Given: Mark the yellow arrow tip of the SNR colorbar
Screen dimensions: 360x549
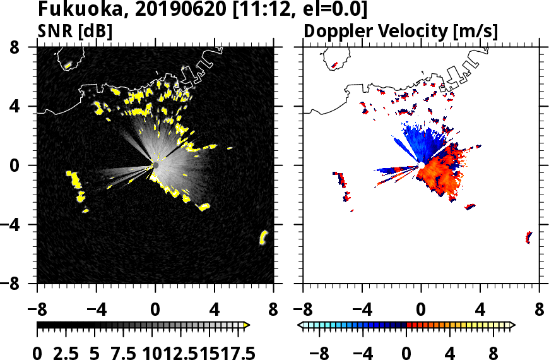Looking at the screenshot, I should pos(247,325).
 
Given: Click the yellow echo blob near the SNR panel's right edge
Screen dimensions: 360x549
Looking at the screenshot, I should pos(264,237).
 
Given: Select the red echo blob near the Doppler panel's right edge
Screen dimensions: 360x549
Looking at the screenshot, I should pos(529,237).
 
